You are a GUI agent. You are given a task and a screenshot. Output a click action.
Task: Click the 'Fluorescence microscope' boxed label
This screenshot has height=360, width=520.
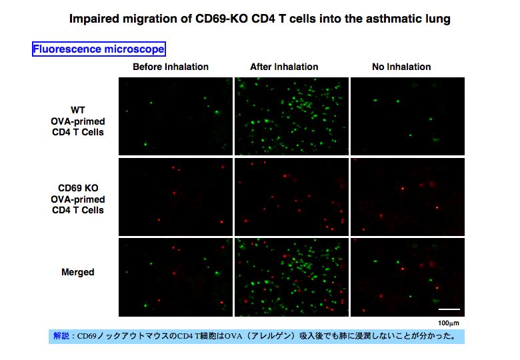pyautogui.click(x=99, y=49)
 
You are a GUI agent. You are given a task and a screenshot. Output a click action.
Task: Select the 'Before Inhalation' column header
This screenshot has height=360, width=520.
pyautogui.click(x=171, y=67)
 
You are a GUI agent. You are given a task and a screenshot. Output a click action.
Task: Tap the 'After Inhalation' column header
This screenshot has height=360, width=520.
pyautogui.click(x=284, y=67)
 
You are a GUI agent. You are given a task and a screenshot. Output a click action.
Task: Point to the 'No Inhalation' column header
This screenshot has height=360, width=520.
pyautogui.click(x=401, y=67)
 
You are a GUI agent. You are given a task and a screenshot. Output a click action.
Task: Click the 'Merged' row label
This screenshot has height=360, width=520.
pyautogui.click(x=78, y=272)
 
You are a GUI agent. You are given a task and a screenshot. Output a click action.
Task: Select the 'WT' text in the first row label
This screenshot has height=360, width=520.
pyautogui.click(x=78, y=110)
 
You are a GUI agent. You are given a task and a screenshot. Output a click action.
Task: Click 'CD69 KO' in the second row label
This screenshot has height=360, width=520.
pyautogui.click(x=78, y=188)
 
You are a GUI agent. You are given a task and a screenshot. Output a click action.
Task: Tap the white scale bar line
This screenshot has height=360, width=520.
pyautogui.click(x=449, y=309)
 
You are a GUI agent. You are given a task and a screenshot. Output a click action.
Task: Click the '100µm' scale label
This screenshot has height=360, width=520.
pyautogui.click(x=449, y=323)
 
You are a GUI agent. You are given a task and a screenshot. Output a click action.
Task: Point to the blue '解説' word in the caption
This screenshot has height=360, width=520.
pyautogui.click(x=61, y=336)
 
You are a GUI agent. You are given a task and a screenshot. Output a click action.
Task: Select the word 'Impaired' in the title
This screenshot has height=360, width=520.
pyautogui.click(x=93, y=19)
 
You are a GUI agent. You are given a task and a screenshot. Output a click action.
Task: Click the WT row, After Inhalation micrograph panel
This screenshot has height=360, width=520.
pyautogui.click(x=291, y=117)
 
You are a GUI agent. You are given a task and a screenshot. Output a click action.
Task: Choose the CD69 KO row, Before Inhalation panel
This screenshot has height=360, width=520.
pyautogui.click(x=175, y=197)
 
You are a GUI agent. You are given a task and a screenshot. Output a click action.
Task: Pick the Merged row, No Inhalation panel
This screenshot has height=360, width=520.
pyautogui.click(x=407, y=277)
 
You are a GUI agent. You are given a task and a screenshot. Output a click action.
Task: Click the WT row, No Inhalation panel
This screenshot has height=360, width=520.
pyautogui.click(x=407, y=117)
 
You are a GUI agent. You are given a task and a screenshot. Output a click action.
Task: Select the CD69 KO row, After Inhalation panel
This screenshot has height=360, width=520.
pyautogui.click(x=291, y=197)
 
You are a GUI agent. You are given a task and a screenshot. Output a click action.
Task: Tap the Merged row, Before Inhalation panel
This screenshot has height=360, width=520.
pyautogui.click(x=175, y=277)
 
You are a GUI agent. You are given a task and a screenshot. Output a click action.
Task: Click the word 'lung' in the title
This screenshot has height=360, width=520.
pyautogui.click(x=438, y=19)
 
